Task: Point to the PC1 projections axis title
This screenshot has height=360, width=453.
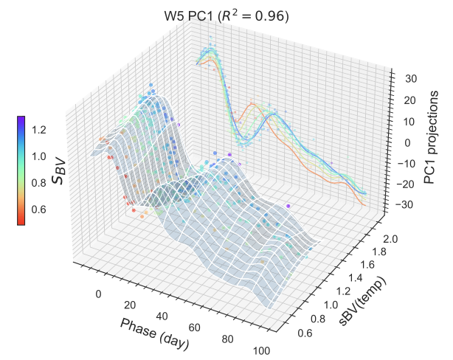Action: pyautogui.click(x=432, y=142)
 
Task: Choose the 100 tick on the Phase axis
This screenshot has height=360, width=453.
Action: pyautogui.click(x=260, y=350)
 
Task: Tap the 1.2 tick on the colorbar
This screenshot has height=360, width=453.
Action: pyautogui.click(x=38, y=130)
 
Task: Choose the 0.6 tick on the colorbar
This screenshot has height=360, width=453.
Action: pyautogui.click(x=38, y=210)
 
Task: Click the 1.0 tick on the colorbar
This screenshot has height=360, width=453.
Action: pyautogui.click(x=38, y=156)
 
